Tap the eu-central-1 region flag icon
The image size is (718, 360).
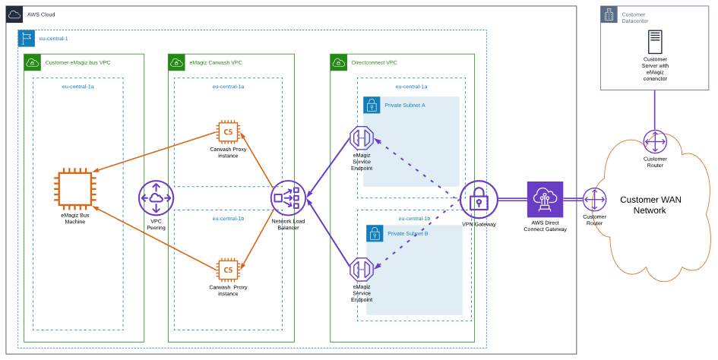[27, 39]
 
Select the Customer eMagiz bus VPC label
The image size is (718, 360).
[77, 62]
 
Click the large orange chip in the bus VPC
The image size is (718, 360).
[75, 188]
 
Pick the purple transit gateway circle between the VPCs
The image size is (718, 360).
[156, 198]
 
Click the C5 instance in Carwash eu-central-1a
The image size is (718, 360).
[227, 132]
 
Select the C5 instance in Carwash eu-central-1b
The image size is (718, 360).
[227, 270]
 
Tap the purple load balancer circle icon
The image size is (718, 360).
[288, 198]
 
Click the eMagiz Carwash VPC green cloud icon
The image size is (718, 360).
[176, 62]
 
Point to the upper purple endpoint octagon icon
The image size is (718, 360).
[361, 137]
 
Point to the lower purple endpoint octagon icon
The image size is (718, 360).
[361, 270]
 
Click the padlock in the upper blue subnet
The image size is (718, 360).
[372, 106]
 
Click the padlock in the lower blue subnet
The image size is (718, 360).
[375, 234]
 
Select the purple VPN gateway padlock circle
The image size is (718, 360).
[479, 200]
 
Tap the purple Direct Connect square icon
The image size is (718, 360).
[546, 200]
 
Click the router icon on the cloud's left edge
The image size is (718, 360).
[595, 200]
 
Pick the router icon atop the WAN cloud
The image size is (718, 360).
[655, 141]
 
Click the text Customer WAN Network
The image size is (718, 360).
[650, 205]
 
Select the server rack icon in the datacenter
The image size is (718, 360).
[655, 42]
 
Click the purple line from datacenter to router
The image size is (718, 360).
[655, 109]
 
